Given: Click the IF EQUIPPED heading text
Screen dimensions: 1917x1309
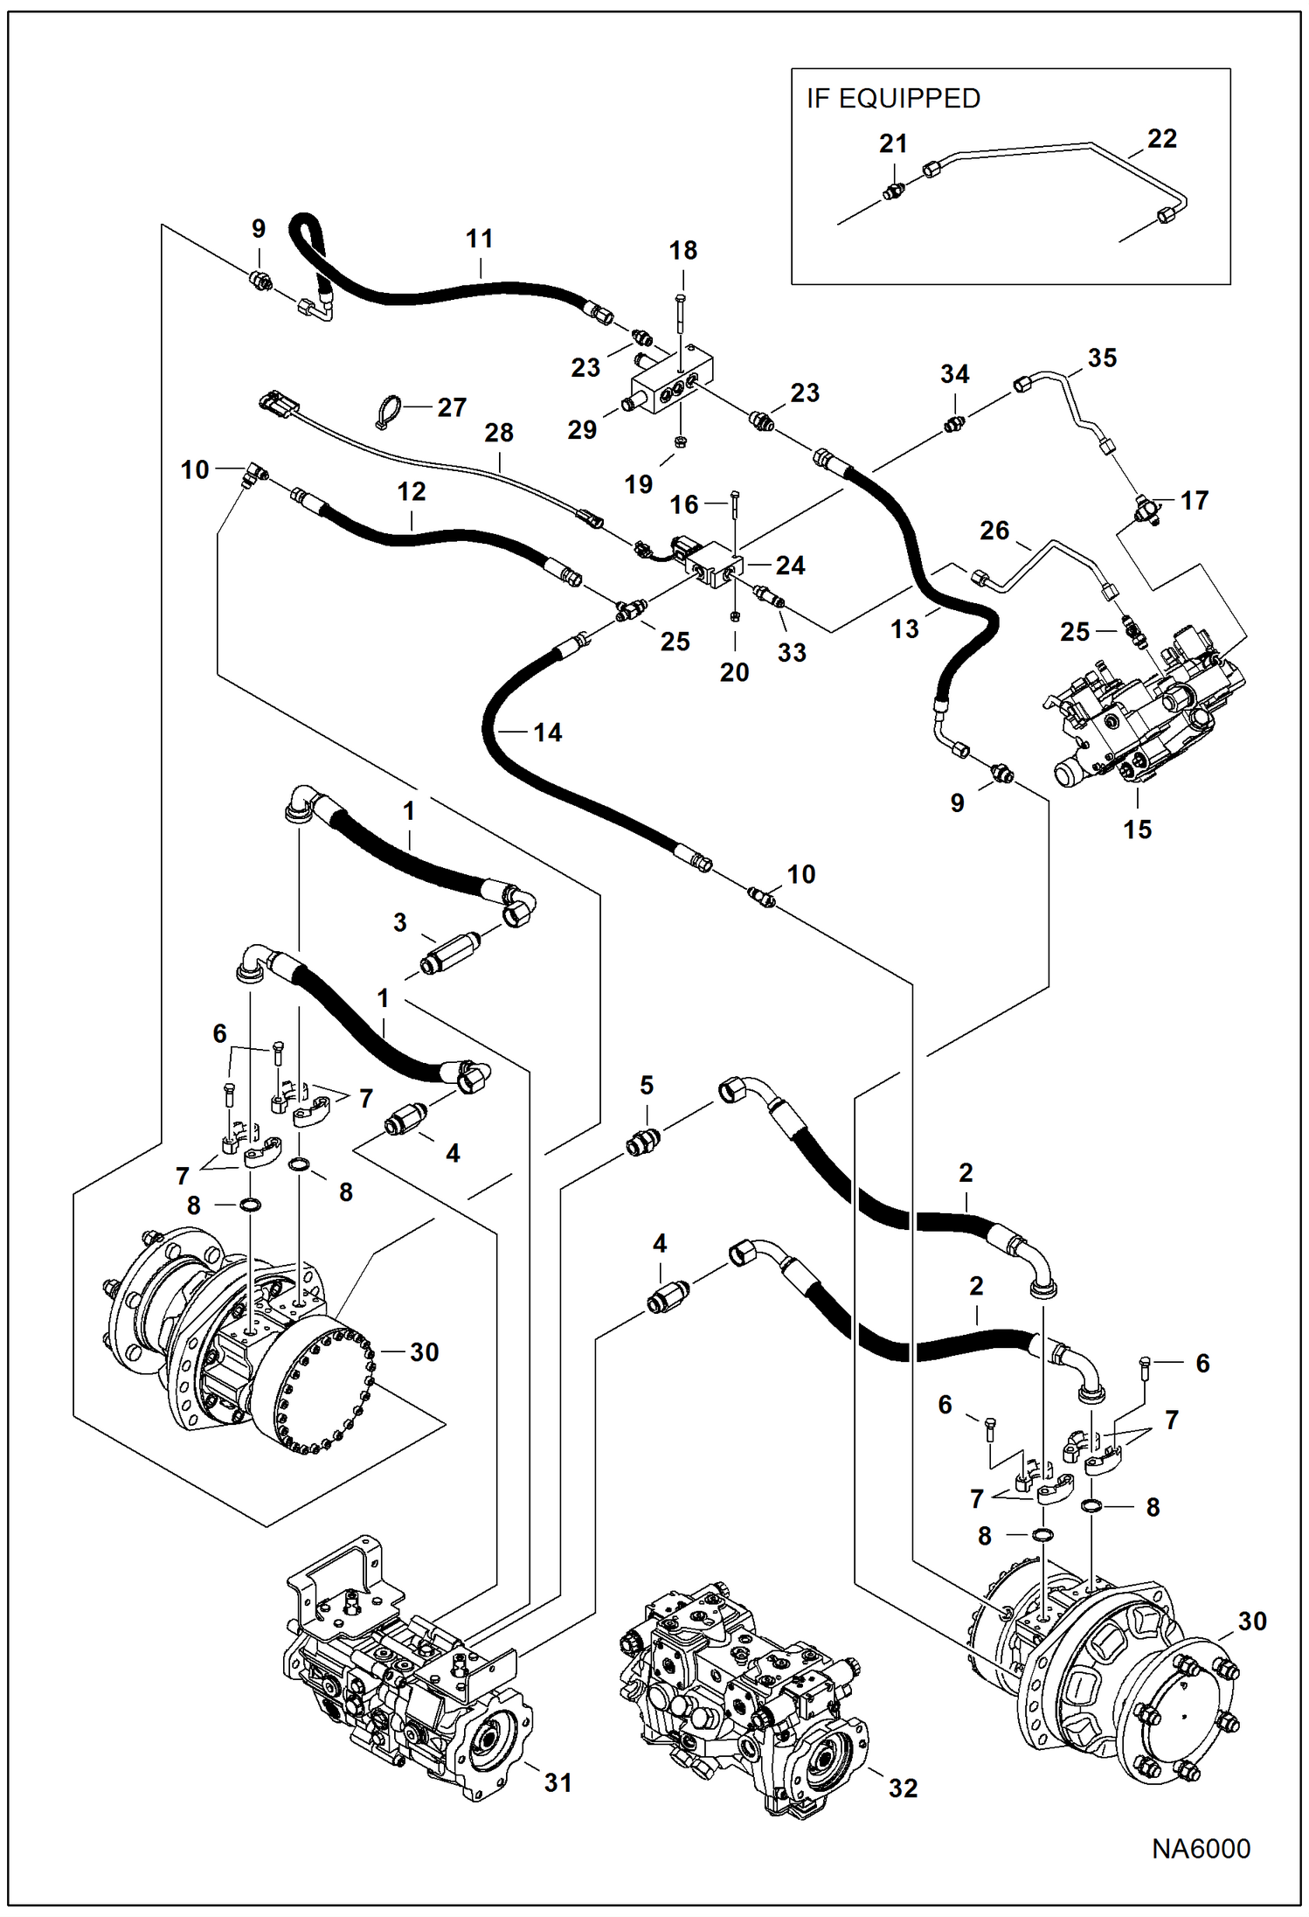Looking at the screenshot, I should (x=893, y=99).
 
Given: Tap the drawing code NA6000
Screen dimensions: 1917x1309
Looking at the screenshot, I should (x=1200, y=1848).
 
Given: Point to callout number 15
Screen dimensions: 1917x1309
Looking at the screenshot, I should (x=1137, y=829).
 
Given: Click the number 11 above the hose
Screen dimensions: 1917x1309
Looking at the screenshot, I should (x=479, y=239).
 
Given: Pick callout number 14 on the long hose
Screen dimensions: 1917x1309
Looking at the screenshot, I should (x=547, y=733).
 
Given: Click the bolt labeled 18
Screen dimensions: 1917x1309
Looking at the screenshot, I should (x=680, y=315).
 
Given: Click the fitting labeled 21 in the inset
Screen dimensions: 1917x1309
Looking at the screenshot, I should (x=893, y=191).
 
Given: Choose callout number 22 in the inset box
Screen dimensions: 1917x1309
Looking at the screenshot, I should (x=1161, y=139).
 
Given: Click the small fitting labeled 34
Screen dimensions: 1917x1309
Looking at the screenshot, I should (x=954, y=424).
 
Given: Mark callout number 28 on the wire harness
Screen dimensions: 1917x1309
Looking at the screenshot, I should (x=499, y=433).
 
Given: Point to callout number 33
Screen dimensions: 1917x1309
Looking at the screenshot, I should (x=791, y=652).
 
